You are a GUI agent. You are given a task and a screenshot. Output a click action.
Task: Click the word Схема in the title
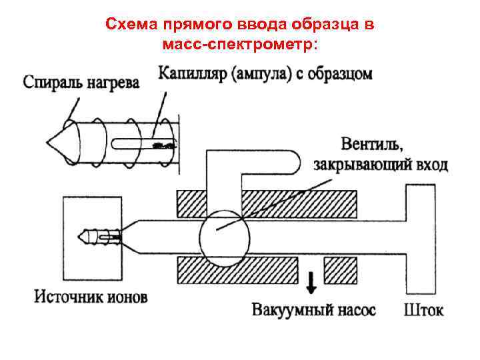(127, 25)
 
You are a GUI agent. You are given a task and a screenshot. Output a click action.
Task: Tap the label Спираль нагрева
(81, 83)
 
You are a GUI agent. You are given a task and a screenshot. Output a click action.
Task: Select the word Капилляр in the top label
(192, 73)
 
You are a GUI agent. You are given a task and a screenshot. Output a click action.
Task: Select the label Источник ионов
(91, 296)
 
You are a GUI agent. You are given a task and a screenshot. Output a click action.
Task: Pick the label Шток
(423, 311)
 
